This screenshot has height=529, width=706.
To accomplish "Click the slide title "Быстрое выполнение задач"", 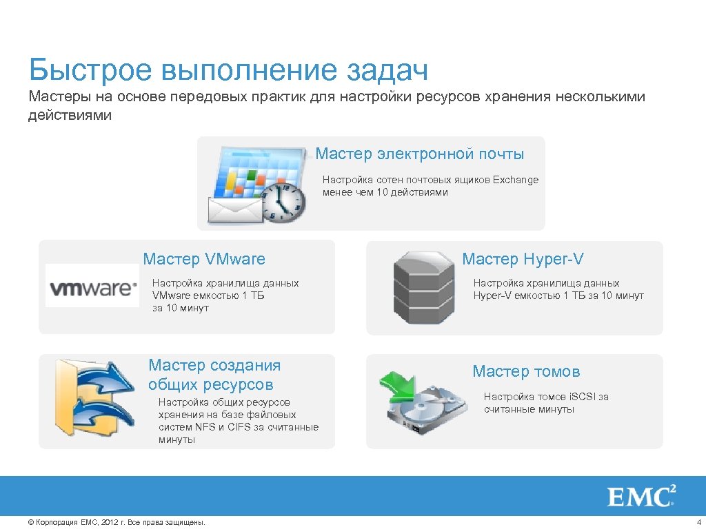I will (x=228, y=71).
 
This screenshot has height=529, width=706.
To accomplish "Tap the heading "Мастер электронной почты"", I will (x=419, y=154).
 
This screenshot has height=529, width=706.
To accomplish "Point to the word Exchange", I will (x=516, y=180).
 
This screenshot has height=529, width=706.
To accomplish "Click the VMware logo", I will (x=92, y=286).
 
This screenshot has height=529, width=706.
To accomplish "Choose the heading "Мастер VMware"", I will (x=204, y=259).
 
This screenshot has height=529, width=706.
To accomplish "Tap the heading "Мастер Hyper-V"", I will (x=523, y=259).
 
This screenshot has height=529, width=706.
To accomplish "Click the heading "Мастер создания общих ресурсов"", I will (x=214, y=375).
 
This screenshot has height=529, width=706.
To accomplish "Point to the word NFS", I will (x=205, y=427).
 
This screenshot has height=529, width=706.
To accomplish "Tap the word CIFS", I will (x=242, y=427).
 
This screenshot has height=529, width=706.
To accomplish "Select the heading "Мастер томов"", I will (x=526, y=372).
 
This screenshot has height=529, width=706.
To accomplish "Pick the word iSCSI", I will (x=582, y=397).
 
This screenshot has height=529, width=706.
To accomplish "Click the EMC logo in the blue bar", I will (x=641, y=496).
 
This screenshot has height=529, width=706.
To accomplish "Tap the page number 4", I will (x=698, y=522).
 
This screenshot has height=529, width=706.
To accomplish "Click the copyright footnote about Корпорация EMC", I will (x=116, y=522).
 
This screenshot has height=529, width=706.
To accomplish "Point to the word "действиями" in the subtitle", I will (x=70, y=115).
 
